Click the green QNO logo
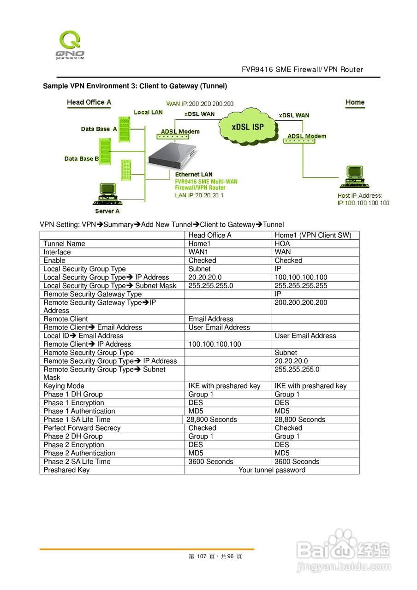[x=70, y=45]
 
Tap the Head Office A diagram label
[x=89, y=102]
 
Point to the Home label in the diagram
[x=355, y=102]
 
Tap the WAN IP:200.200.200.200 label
[x=200, y=104]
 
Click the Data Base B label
[x=82, y=159]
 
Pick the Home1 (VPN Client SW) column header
[x=313, y=235]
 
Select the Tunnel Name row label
[x=64, y=244]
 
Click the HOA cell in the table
[x=282, y=244]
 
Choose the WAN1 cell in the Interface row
[x=198, y=252]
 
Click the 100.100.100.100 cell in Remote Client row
[x=214, y=344]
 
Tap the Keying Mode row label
[x=64, y=386]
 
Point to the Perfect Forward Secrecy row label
[x=82, y=428]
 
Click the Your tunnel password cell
[x=272, y=470]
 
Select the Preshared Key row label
[x=66, y=470]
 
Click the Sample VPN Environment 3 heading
[x=135, y=86]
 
